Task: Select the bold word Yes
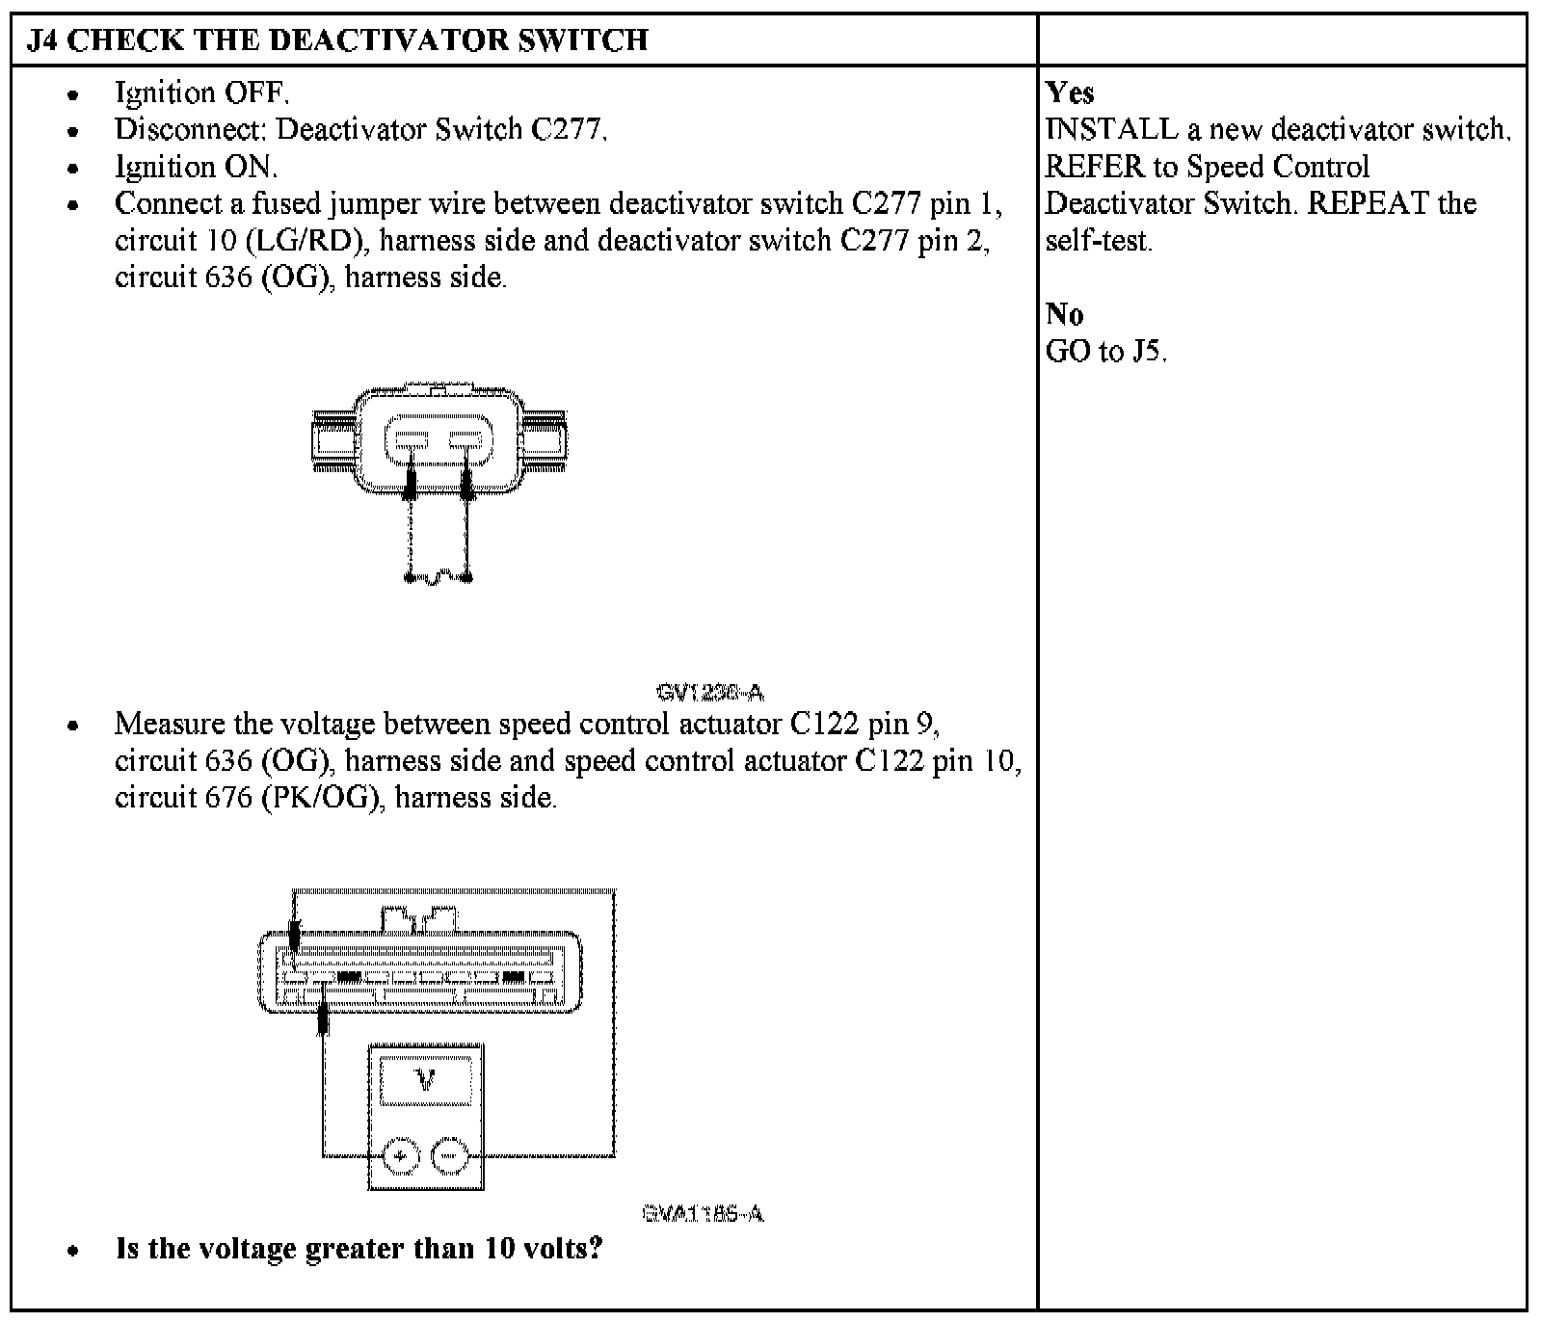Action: click(x=1070, y=93)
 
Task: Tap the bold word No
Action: click(x=1064, y=314)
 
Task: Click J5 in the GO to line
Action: click(x=1147, y=352)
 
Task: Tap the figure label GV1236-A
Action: click(x=710, y=692)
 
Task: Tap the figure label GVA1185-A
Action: click(x=704, y=1213)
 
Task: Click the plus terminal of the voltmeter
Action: click(x=401, y=1155)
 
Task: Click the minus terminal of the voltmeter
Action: click(x=448, y=1155)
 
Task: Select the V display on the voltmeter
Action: click(x=425, y=1080)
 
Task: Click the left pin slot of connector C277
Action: click(x=410, y=442)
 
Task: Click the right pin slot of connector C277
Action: click(x=466, y=442)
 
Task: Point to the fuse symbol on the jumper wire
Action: click(x=439, y=578)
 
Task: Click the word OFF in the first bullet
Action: click(x=255, y=93)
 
